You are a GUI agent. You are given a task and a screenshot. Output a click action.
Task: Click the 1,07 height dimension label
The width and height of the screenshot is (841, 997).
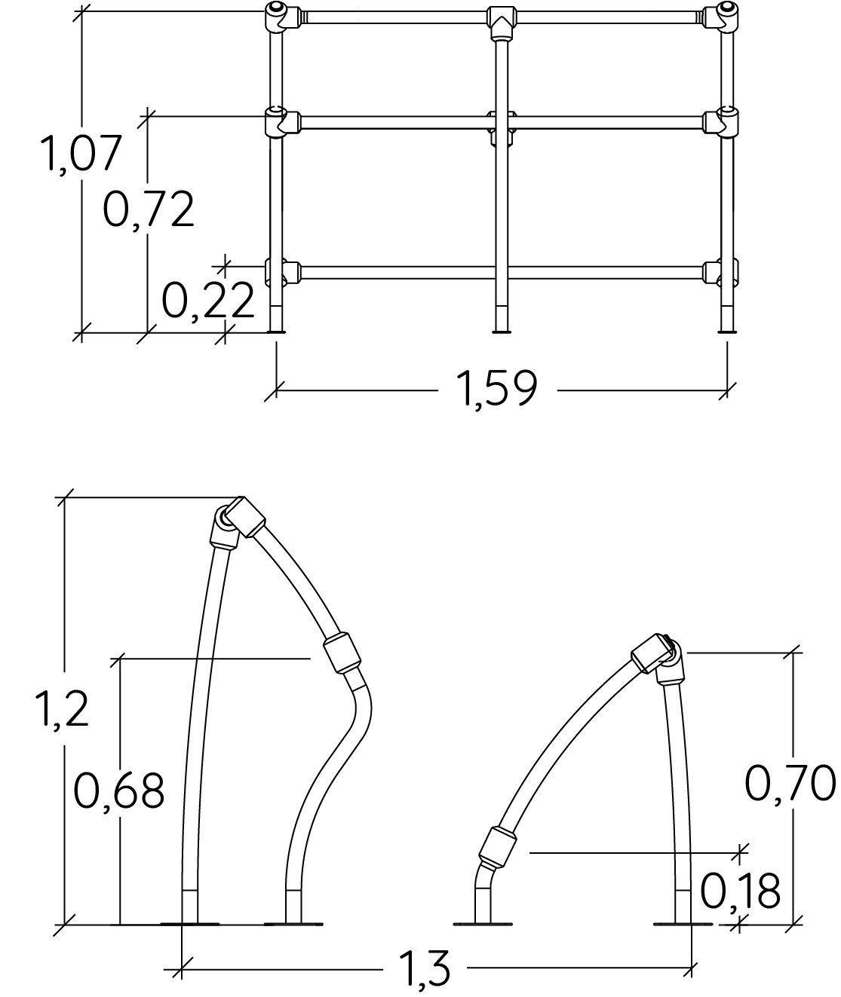pyautogui.click(x=81, y=154)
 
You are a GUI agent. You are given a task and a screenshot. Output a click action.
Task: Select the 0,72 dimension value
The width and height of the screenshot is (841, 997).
pyautogui.click(x=149, y=209)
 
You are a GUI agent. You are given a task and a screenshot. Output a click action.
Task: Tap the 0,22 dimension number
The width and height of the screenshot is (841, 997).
pyautogui.click(x=208, y=300)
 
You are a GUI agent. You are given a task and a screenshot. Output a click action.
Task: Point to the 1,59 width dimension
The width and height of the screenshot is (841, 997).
pyautogui.click(x=497, y=389)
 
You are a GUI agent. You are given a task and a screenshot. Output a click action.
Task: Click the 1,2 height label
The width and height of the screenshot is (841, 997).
pyautogui.click(x=62, y=710)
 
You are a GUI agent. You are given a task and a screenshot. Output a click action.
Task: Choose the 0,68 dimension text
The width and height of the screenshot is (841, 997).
pyautogui.click(x=119, y=792)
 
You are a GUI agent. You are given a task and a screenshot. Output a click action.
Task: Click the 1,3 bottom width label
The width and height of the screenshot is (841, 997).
pyautogui.click(x=425, y=971)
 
